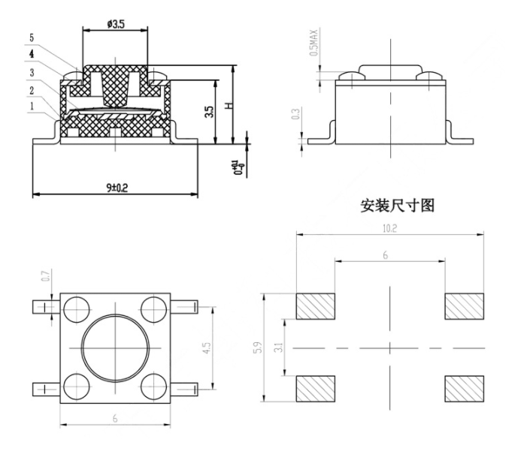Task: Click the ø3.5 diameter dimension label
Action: click(x=116, y=25)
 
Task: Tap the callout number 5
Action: click(x=31, y=36)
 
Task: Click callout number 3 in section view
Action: click(x=31, y=72)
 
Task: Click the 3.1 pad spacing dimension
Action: click(x=280, y=348)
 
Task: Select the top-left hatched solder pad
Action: click(x=315, y=305)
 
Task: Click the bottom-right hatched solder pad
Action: click(x=465, y=388)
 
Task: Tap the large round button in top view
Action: click(x=115, y=347)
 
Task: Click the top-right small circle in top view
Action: click(x=153, y=307)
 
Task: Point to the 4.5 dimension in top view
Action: click(x=207, y=347)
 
